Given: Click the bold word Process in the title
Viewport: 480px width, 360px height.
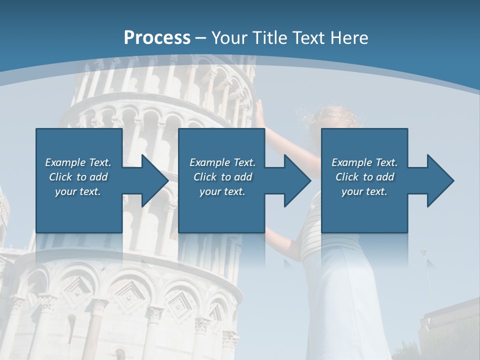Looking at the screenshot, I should pos(157,37).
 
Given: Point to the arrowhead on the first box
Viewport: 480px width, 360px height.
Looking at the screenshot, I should pos(153,180).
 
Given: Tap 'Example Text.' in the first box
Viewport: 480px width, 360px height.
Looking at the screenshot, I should pos(78,162).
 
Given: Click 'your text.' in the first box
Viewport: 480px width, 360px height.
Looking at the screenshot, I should pos(78,191).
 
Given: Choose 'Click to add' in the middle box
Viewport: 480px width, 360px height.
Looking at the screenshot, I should pos(222,177).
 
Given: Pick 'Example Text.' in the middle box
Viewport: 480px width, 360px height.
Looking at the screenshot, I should pos(222,162).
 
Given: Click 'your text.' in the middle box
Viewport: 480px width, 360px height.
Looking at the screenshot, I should pos(222,191).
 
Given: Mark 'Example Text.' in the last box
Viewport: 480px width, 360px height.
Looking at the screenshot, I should pos(364,162).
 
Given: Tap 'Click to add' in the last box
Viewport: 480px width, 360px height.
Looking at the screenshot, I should pos(364,177).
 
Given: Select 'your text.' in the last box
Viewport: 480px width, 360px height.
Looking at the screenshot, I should pos(364,191).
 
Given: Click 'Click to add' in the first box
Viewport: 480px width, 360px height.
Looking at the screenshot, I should pos(78,177).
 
